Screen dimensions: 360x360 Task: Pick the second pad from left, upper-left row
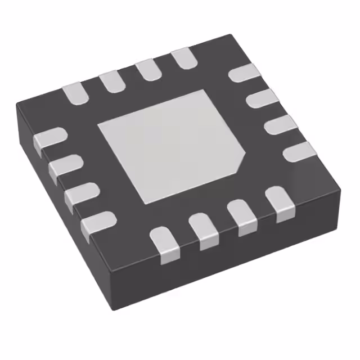111,81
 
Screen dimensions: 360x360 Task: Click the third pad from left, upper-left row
147,69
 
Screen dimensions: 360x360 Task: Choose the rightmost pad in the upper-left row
183,58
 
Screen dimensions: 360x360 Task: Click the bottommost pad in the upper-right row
298,151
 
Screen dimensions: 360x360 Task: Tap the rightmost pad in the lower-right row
279,203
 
